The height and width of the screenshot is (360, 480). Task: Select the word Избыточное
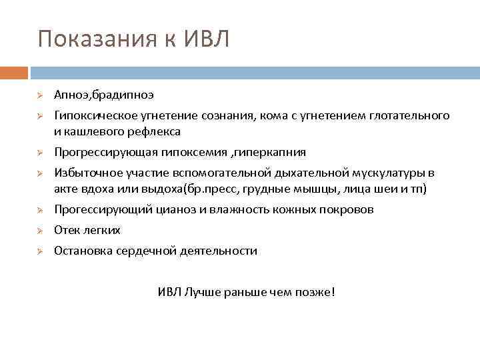click(84, 173)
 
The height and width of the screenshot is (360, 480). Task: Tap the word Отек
click(67, 230)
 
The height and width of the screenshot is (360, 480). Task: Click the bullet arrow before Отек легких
click(40, 231)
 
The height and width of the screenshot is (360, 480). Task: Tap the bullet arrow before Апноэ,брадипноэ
click(40, 96)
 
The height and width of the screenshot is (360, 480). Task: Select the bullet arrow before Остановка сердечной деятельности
click(40, 251)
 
